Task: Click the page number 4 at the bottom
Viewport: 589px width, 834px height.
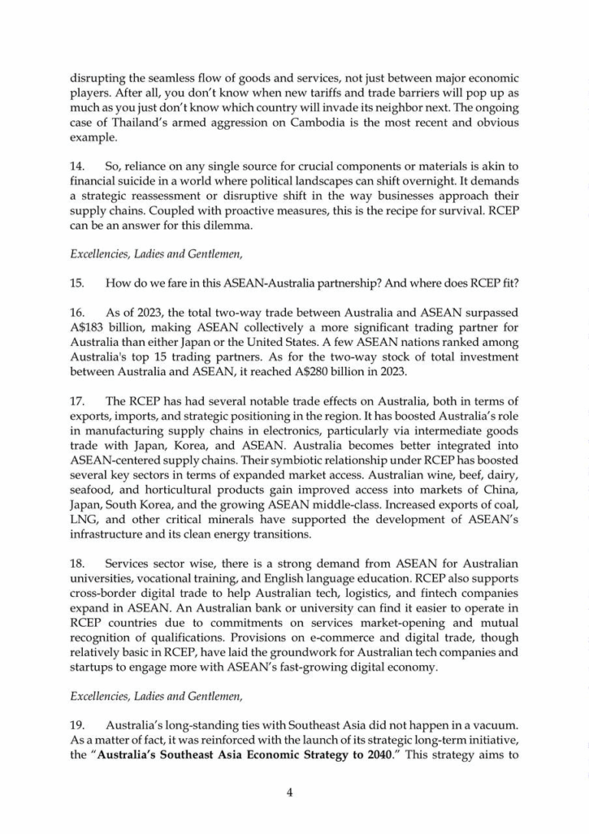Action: pos(290,793)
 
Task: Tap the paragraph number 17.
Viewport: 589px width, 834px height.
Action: pos(77,401)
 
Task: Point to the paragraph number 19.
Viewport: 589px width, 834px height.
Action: pos(77,724)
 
